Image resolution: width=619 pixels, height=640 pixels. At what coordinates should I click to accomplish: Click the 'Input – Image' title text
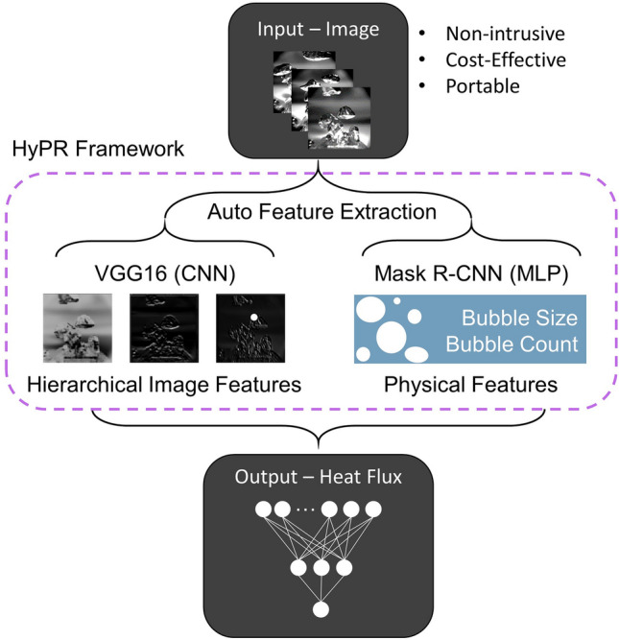(x=318, y=30)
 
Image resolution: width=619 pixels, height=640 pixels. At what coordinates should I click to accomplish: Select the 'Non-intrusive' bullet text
(x=505, y=34)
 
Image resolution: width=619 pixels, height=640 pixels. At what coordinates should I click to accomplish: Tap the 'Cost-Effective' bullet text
(x=506, y=60)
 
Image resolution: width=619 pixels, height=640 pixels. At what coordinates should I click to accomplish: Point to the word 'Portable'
(x=483, y=86)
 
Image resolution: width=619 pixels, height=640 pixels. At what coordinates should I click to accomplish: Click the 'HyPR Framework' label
(x=98, y=149)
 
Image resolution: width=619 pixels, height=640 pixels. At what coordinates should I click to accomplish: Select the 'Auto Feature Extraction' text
(x=321, y=212)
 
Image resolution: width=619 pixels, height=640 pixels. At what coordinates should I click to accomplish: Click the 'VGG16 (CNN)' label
(x=165, y=273)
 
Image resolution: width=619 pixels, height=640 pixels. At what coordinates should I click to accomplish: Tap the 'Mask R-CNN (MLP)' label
(x=471, y=273)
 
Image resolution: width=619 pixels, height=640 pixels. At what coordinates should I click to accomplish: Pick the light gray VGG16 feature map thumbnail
(x=78, y=328)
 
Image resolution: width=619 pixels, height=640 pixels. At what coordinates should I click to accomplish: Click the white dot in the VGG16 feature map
(x=253, y=318)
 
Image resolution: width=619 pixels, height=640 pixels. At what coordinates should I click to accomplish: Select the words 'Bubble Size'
(x=519, y=318)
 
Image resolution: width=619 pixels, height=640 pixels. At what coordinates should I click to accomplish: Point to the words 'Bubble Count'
(x=512, y=344)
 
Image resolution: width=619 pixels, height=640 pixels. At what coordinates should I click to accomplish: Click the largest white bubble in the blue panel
(x=392, y=337)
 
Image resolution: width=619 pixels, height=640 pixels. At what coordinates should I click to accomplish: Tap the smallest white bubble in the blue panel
(x=397, y=301)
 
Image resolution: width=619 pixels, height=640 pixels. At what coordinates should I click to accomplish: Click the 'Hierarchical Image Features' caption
(x=164, y=385)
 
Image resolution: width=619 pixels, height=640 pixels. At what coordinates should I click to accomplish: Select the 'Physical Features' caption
(x=471, y=385)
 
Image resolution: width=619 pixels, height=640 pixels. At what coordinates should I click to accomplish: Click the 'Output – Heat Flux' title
(x=318, y=477)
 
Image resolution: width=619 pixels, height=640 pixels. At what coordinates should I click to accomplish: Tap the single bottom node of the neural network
(x=321, y=609)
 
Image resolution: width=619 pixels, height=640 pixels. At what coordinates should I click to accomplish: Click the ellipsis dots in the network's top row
(x=305, y=510)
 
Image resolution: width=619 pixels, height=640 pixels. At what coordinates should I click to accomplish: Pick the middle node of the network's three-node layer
(x=321, y=568)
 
